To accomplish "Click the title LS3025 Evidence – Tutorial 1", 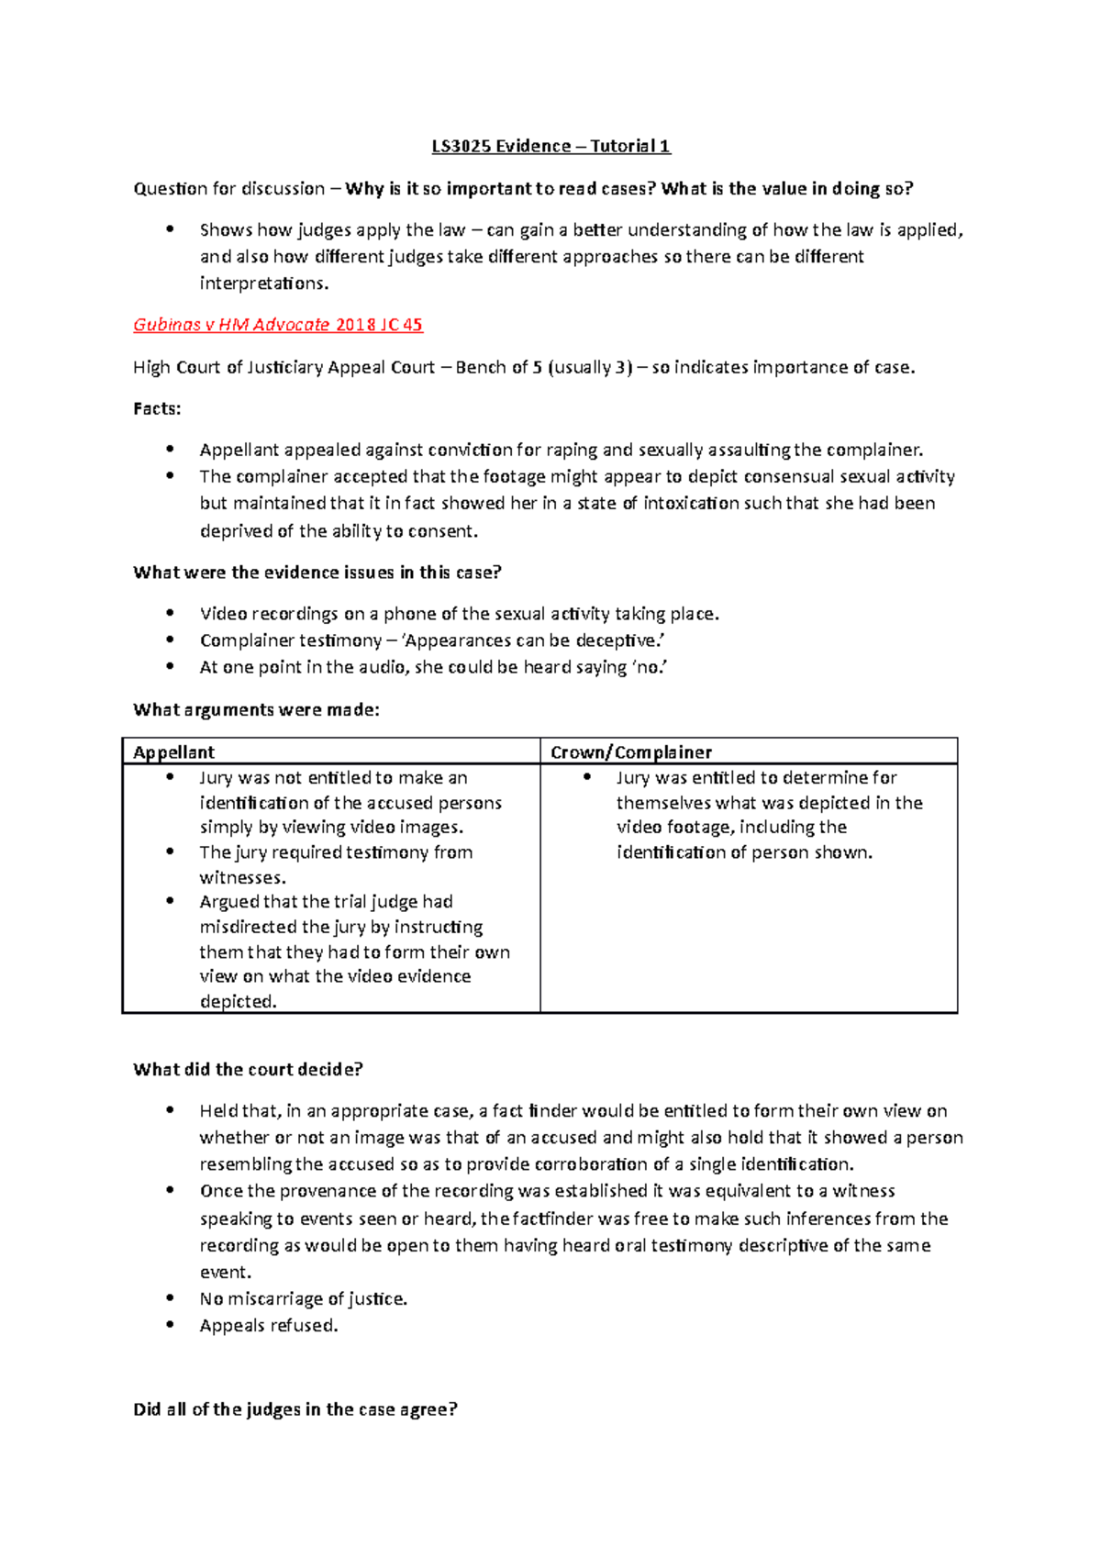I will tap(550, 146).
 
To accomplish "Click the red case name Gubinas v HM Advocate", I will tap(231, 325).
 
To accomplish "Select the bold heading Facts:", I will tap(157, 408).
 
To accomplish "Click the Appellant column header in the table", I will tap(173, 752).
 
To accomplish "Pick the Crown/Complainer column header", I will tap(631, 752).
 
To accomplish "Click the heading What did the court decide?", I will tap(248, 1069).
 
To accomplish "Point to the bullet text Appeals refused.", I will tap(269, 1325).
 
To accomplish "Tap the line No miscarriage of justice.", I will tap(304, 1298).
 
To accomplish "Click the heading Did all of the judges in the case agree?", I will tap(295, 1409).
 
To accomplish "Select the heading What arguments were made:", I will tap(256, 709).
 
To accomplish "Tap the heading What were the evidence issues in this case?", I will tap(317, 573).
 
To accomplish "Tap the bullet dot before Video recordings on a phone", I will tap(170, 613).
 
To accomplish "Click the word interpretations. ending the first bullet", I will tap(264, 283).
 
